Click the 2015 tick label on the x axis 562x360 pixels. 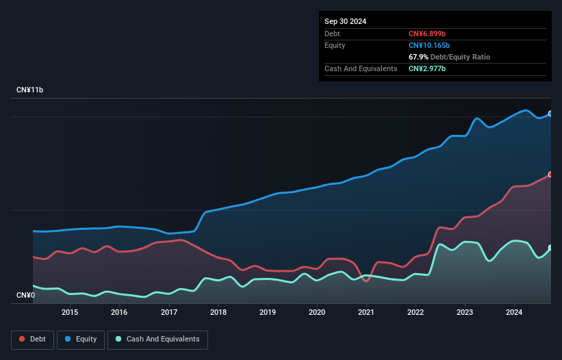pyautogui.click(x=70, y=313)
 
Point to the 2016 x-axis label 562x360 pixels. pyautogui.click(x=119, y=313)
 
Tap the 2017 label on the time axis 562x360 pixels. pyautogui.click(x=168, y=313)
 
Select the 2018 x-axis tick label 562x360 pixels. pyautogui.click(x=218, y=313)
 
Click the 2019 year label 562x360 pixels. pyautogui.click(x=268, y=313)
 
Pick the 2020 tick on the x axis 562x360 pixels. pyautogui.click(x=317, y=313)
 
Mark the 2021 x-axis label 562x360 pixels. pyautogui.click(x=366, y=313)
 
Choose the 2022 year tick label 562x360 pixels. pyautogui.click(x=416, y=313)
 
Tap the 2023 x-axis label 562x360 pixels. pyautogui.click(x=465, y=313)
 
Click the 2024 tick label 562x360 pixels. pyautogui.click(x=514, y=313)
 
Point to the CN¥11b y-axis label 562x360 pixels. pyautogui.click(x=30, y=90)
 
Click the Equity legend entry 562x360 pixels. pyautogui.click(x=80, y=339)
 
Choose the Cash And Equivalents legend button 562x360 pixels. pyautogui.click(x=157, y=339)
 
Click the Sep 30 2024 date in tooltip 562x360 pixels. pyautogui.click(x=345, y=21)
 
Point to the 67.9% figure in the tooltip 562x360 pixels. pyautogui.click(x=418, y=57)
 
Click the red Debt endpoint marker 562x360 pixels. pyautogui.click(x=550, y=175)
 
